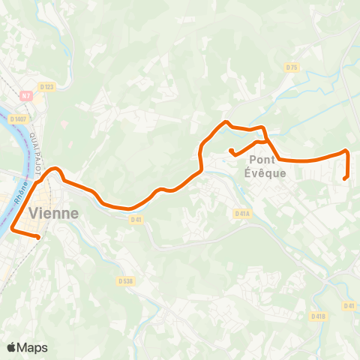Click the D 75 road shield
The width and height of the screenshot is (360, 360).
[292, 67]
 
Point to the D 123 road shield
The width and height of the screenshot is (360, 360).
[47, 86]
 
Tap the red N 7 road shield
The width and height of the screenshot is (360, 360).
[26, 95]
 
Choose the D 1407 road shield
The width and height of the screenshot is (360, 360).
[18, 118]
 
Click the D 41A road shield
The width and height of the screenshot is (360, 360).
[241, 213]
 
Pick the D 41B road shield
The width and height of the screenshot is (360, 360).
[318, 316]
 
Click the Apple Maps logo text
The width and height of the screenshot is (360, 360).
[31, 347]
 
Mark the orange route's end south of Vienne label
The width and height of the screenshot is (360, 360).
[38, 237]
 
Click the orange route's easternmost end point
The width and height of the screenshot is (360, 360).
[344, 178]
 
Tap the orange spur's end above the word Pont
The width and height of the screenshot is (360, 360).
[231, 151]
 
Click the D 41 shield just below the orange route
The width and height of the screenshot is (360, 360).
[136, 220]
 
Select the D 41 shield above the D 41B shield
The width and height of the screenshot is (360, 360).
[349, 305]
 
